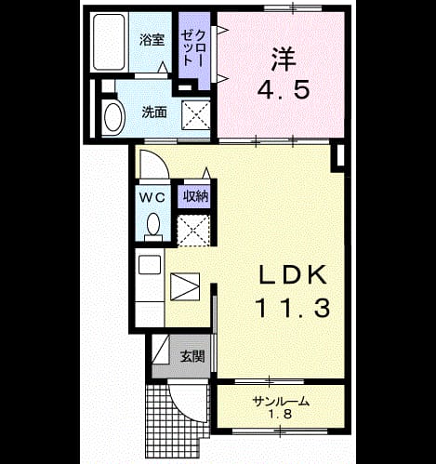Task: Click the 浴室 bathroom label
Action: pos(152,40)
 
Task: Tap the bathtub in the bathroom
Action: pos(109,42)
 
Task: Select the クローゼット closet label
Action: pos(192,47)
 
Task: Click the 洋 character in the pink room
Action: pos(284,60)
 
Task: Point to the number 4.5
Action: pos(283,89)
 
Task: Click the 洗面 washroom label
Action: pos(154,113)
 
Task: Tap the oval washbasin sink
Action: pos(113,117)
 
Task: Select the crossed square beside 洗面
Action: pos(195,115)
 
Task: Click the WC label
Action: pos(152,197)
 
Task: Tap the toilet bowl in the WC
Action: pos(152,225)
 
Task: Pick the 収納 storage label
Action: pos(195,196)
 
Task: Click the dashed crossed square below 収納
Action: pos(193,231)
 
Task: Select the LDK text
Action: pos(293,274)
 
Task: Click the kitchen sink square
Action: pos(150,264)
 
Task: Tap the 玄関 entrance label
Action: pos(192,356)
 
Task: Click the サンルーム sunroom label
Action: pos(281,402)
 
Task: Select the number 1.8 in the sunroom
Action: pos(281,414)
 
